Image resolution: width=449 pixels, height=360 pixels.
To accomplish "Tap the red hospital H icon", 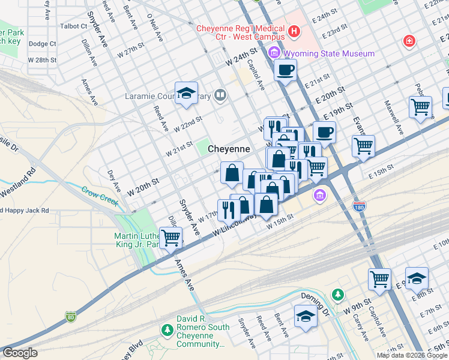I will (x=294, y=31).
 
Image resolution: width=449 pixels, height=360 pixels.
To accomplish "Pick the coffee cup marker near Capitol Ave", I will (x=285, y=70).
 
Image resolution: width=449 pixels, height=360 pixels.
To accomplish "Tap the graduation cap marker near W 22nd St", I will (x=187, y=94).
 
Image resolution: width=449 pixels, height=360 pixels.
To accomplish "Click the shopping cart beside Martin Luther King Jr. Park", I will (x=171, y=238).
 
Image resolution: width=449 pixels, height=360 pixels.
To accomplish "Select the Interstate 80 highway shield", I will (x=71, y=316).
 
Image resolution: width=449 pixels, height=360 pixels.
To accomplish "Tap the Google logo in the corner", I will (x=20, y=353).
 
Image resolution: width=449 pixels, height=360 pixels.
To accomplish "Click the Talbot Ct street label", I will (x=74, y=26).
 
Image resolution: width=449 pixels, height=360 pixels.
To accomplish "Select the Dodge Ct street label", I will (x=42, y=44).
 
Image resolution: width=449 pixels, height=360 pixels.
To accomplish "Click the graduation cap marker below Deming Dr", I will (x=306, y=316).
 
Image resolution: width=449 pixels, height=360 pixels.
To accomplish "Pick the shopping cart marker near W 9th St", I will (x=379, y=278).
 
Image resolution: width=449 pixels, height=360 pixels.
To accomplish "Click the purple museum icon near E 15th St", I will (x=320, y=196).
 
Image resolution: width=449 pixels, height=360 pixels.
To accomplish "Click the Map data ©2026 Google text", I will (x=411, y=355).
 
